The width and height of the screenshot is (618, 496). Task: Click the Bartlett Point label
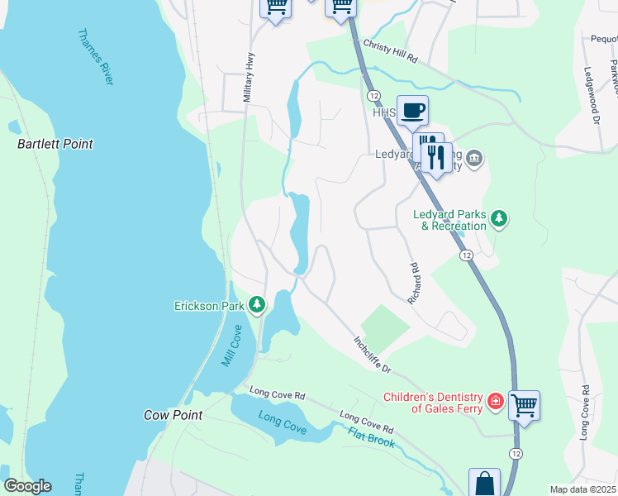coord(55,144)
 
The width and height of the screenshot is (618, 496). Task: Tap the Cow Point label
coord(173,415)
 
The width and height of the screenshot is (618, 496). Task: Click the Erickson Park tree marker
coord(257,306)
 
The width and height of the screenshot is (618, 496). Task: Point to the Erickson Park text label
coord(209,306)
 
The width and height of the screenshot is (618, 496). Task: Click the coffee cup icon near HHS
coord(412,111)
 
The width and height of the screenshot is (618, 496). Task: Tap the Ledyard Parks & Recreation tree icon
coord(498,218)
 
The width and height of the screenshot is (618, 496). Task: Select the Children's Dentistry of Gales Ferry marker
coord(495,402)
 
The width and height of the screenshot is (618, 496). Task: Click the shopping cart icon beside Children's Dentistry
coord(524,406)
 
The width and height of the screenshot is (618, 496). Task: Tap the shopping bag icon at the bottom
coord(484,484)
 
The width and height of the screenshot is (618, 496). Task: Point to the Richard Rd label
coord(412,284)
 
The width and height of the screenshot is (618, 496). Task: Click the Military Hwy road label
coord(246,79)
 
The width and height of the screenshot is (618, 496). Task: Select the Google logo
coord(26,486)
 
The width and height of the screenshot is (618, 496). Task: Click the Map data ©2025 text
coord(582,489)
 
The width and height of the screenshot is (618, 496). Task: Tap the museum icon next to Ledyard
coord(473,158)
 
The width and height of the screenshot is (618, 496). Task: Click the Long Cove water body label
coord(282,422)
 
